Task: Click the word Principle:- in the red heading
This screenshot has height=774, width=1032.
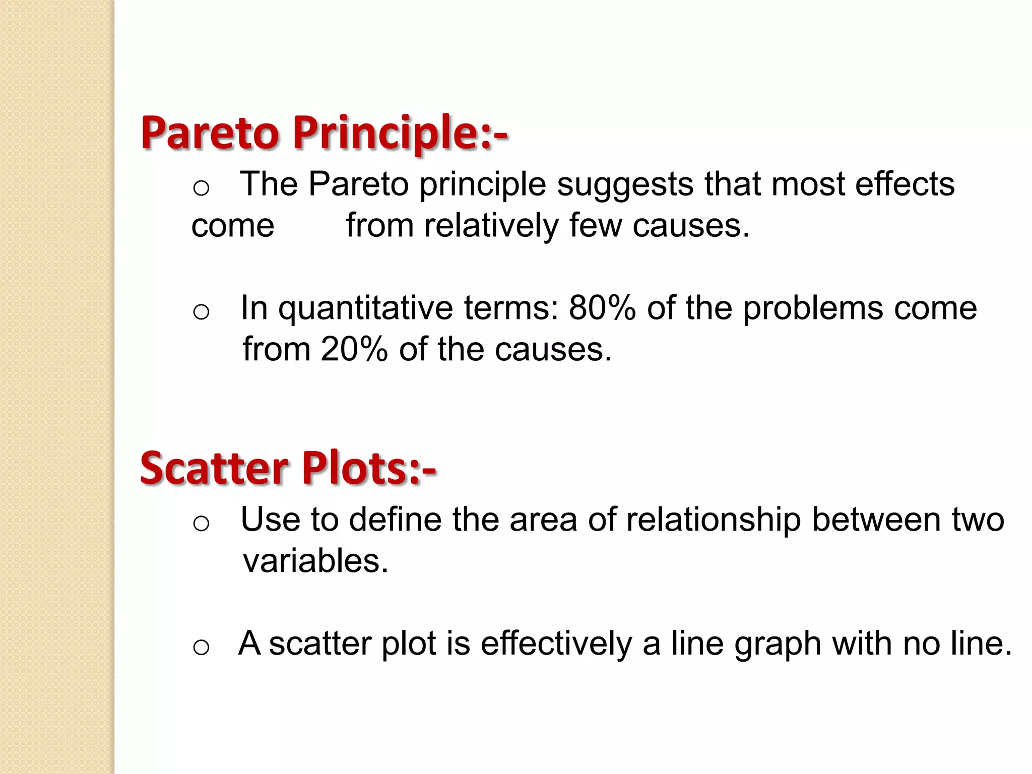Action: pos(400,134)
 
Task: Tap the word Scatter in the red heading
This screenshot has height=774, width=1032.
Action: pos(215,468)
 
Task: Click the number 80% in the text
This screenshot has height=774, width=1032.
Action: pos(602,308)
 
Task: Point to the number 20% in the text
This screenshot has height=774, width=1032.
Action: pos(354,349)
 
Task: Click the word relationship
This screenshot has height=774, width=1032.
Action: pos(713,521)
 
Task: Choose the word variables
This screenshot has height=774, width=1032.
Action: pos(315,561)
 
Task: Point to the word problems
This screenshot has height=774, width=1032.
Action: pos(813,308)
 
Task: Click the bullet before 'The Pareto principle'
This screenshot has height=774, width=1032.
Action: pos(201,188)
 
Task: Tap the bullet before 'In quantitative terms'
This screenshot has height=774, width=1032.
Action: pos(201,312)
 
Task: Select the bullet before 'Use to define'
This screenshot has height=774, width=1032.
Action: pos(201,524)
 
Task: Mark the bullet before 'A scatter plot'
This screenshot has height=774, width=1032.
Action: pos(201,647)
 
